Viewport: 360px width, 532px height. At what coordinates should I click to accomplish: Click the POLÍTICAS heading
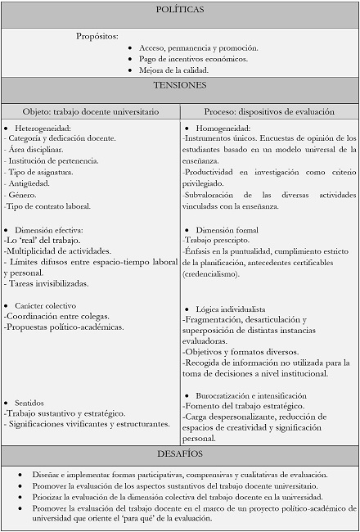click(x=179, y=10)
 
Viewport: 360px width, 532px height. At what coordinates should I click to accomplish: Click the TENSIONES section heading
click(x=179, y=84)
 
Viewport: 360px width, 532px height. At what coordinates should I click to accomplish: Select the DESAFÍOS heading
click(x=179, y=453)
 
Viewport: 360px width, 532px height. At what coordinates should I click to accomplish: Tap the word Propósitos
click(x=97, y=35)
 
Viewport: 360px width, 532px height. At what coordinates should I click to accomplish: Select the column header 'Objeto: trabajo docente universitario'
click(x=91, y=111)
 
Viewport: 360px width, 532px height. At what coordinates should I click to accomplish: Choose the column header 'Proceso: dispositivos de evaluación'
click(x=268, y=111)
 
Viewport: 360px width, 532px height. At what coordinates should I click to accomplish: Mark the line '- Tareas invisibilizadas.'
click(x=47, y=283)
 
